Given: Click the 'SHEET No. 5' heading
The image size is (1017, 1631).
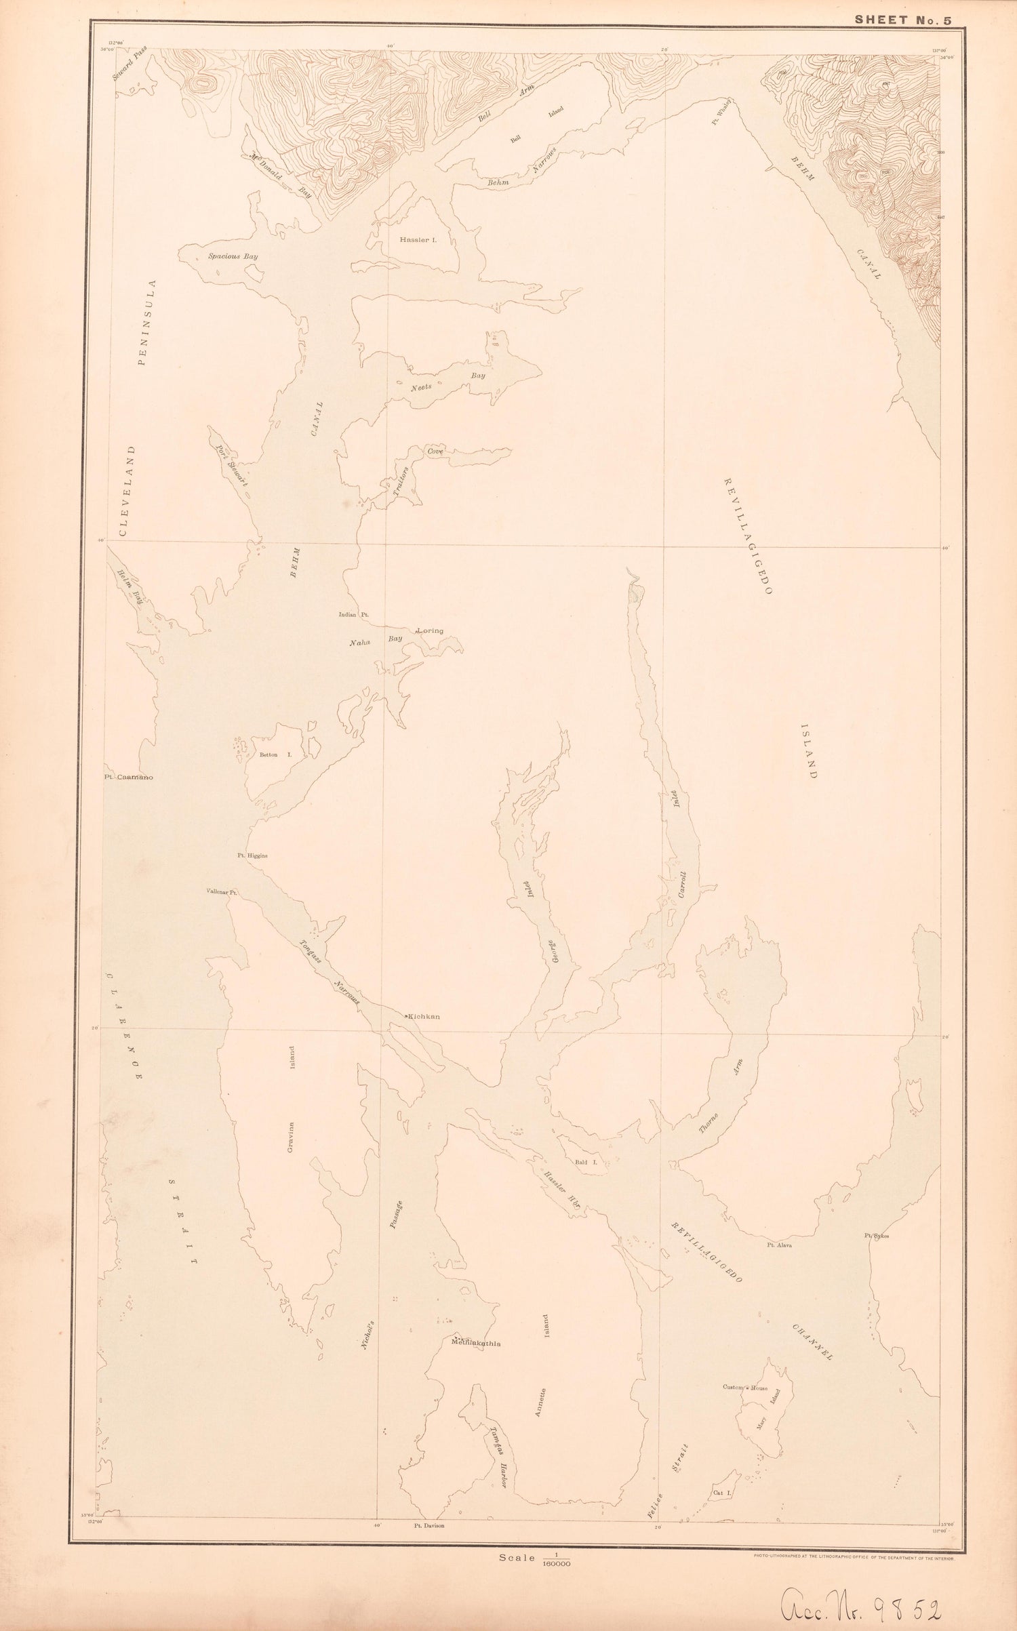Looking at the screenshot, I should pyautogui.click(x=902, y=20).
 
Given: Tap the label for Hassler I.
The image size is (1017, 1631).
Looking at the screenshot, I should pyautogui.click(x=419, y=239).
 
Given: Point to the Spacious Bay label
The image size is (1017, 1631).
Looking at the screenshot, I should pyautogui.click(x=233, y=257).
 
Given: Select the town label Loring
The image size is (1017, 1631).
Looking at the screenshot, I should pyautogui.click(x=430, y=630).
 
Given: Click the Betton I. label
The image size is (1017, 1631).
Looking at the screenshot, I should pyautogui.click(x=275, y=754).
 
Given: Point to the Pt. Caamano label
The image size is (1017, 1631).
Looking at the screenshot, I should pyautogui.click(x=128, y=778).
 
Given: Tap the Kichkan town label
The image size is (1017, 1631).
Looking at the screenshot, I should pyautogui.click(x=423, y=1017).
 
